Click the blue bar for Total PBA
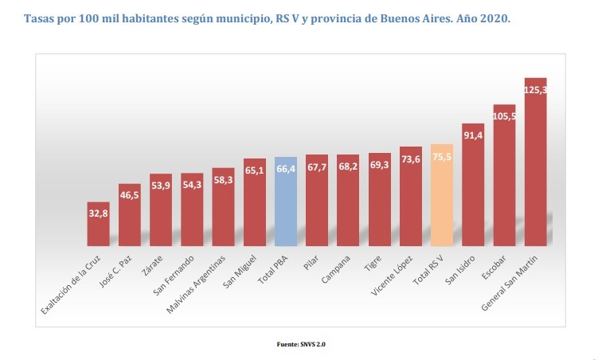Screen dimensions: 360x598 click(x=286, y=203)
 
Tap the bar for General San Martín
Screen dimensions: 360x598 click(x=536, y=167)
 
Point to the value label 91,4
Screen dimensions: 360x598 click(x=473, y=135)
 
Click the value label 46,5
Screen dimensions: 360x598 click(x=130, y=194)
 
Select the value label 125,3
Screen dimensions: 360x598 click(x=536, y=90)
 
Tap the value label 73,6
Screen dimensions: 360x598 click(x=411, y=159)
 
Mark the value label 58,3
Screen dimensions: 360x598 click(x=224, y=180)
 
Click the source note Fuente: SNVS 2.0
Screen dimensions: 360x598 click(x=299, y=345)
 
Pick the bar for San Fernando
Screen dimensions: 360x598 click(x=192, y=210)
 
